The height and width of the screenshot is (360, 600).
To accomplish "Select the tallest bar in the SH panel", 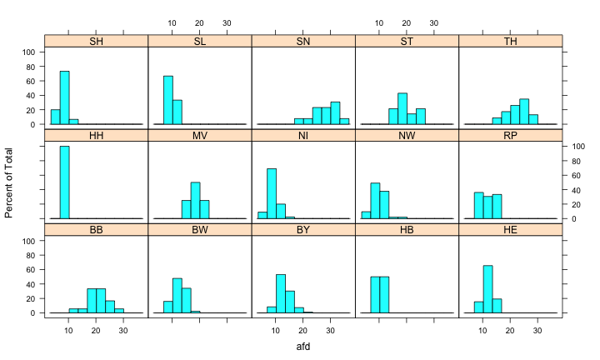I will tap(64, 97).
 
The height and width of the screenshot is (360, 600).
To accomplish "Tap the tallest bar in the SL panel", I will tap(167, 100).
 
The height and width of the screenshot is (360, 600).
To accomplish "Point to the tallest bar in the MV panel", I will tap(195, 200).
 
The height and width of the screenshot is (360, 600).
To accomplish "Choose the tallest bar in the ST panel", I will tap(402, 108).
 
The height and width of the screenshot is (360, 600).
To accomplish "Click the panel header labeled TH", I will tap(510, 40).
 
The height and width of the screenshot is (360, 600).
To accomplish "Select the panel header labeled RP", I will tap(510, 135).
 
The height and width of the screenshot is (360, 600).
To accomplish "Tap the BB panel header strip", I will tap(95, 229).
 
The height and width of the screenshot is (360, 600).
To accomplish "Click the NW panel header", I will tap(407, 135).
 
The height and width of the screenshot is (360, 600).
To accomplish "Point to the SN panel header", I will tap(302, 40).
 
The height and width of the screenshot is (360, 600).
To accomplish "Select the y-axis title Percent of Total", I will tap(9, 180).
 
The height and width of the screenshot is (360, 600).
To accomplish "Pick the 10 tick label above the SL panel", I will tap(172, 22).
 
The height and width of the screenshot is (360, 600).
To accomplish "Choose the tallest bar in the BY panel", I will tap(281, 293).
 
